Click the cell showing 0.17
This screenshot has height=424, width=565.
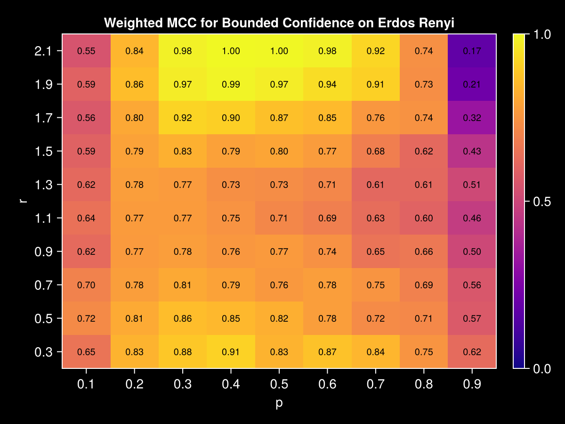click(472, 51)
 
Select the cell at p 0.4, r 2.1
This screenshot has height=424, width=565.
click(231, 51)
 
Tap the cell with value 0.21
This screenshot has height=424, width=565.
click(472, 84)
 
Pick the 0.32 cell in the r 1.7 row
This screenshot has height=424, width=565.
click(472, 118)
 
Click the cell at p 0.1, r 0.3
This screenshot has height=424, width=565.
click(86, 351)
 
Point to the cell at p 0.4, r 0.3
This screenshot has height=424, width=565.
click(231, 351)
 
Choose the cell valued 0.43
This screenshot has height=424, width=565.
click(472, 151)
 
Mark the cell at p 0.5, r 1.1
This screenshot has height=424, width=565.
click(279, 218)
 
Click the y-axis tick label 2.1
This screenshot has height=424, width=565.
click(44, 51)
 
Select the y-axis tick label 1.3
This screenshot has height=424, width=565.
click(44, 185)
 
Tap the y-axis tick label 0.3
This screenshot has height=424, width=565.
click(44, 351)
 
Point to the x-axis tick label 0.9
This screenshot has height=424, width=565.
click(472, 385)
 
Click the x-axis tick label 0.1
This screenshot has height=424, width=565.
click(86, 385)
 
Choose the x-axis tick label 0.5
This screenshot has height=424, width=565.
click(279, 385)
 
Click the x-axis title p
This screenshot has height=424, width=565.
click(279, 404)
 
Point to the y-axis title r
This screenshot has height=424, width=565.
click(22, 201)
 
